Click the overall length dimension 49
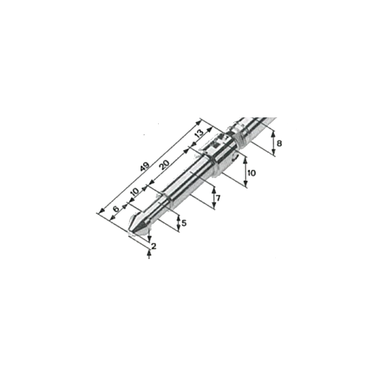[145, 166]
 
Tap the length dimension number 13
[199, 133]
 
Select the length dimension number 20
[164, 164]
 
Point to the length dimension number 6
[116, 209]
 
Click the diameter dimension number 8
[279, 144]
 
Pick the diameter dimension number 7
[218, 198]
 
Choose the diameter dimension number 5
[184, 224]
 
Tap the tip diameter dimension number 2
[154, 246]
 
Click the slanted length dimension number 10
[135, 191]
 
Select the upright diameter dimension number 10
[252, 173]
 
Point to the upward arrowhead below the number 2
[149, 253]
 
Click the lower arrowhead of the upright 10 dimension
[245, 183]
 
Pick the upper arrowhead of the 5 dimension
[179, 218]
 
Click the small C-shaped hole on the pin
[236, 156]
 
